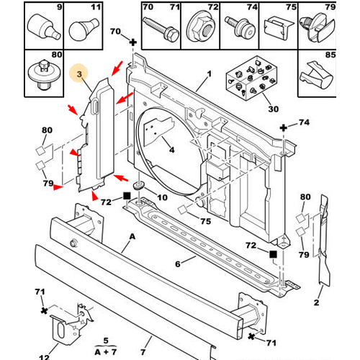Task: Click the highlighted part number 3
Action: tap(79, 74)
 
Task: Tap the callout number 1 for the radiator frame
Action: tap(210, 74)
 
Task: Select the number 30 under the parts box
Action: tap(273, 109)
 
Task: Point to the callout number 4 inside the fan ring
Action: tap(172, 150)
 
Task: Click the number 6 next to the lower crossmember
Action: tap(178, 264)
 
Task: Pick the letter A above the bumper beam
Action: tap(132, 237)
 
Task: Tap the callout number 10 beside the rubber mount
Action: tap(162, 197)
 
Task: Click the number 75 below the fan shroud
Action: tap(206, 221)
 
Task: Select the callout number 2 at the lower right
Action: tap(317, 302)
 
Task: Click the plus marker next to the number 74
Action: tap(284, 127)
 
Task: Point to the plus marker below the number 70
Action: tap(133, 42)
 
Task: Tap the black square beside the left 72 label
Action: tap(127, 196)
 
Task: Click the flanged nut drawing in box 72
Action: tap(200, 27)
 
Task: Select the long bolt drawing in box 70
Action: tap(161, 29)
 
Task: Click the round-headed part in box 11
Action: tap(84, 30)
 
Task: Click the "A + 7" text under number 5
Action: tap(106, 352)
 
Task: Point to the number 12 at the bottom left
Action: tap(44, 357)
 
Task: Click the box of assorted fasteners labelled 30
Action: tap(252, 78)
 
